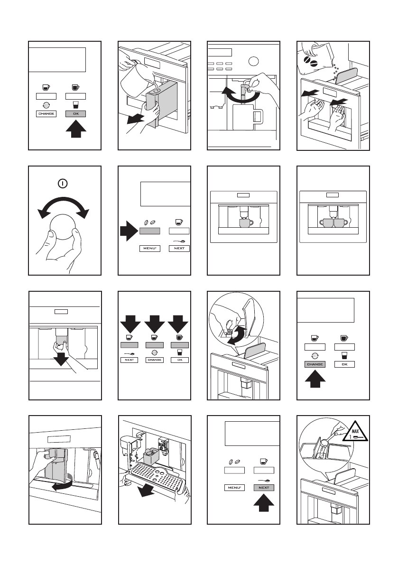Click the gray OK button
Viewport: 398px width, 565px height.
(x=76, y=114)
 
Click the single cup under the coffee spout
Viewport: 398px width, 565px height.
(x=245, y=222)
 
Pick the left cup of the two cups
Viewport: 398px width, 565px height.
(x=326, y=222)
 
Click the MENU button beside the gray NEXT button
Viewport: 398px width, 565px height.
(x=233, y=488)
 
